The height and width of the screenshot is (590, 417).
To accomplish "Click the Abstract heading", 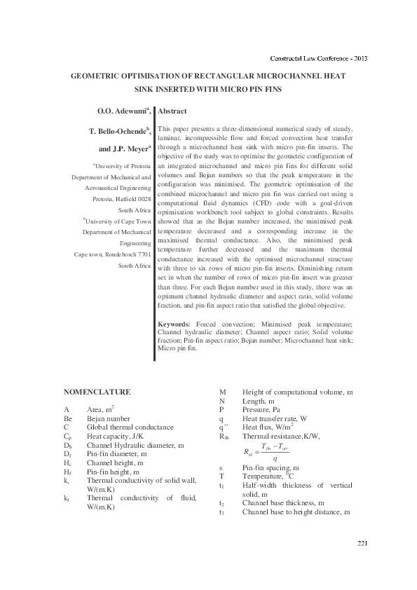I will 172,111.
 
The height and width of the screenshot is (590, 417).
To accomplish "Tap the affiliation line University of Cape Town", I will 118,221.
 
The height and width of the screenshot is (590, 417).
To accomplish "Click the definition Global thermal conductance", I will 130,426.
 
